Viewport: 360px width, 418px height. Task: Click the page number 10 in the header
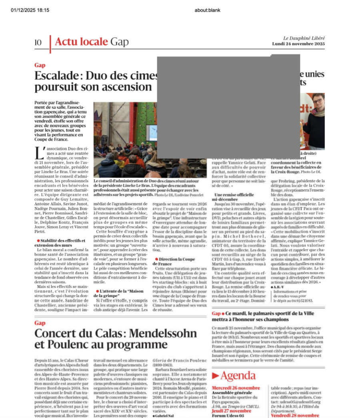click(x=38, y=42)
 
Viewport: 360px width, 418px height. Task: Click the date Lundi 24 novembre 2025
click(x=298, y=44)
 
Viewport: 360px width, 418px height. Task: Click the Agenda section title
click(x=238, y=376)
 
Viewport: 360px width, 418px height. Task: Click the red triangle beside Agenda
click(x=215, y=376)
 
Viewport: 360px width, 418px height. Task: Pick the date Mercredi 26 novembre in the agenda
click(x=236, y=388)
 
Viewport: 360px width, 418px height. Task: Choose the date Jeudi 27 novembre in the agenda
click(x=232, y=411)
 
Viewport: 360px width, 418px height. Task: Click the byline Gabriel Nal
click(x=164, y=416)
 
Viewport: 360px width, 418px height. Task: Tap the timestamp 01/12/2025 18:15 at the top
click(x=30, y=10)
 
